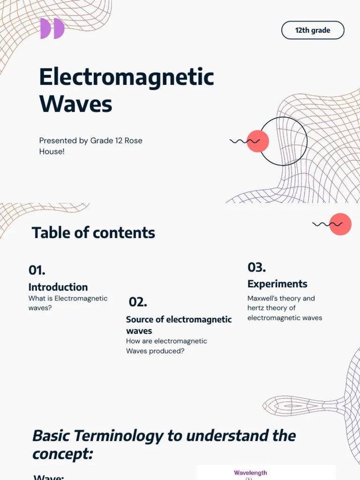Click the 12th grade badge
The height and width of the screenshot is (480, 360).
click(x=313, y=30)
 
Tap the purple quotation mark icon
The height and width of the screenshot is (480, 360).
click(x=52, y=29)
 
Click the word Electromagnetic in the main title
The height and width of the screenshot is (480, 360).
click(x=127, y=77)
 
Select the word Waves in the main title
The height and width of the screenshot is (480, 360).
click(x=75, y=104)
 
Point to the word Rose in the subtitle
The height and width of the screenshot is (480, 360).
click(x=133, y=141)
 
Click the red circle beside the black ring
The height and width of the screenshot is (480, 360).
click(x=257, y=141)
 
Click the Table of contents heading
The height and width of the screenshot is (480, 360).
click(x=93, y=232)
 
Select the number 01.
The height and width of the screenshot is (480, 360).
click(x=37, y=270)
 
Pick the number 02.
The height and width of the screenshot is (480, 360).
click(x=138, y=302)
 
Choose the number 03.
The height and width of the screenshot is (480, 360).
click(x=257, y=268)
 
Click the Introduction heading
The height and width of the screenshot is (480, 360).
click(x=58, y=287)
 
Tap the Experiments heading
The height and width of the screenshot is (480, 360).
click(x=277, y=284)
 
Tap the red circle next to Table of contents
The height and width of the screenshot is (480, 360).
click(x=340, y=224)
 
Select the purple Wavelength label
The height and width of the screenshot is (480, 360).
click(x=250, y=473)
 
